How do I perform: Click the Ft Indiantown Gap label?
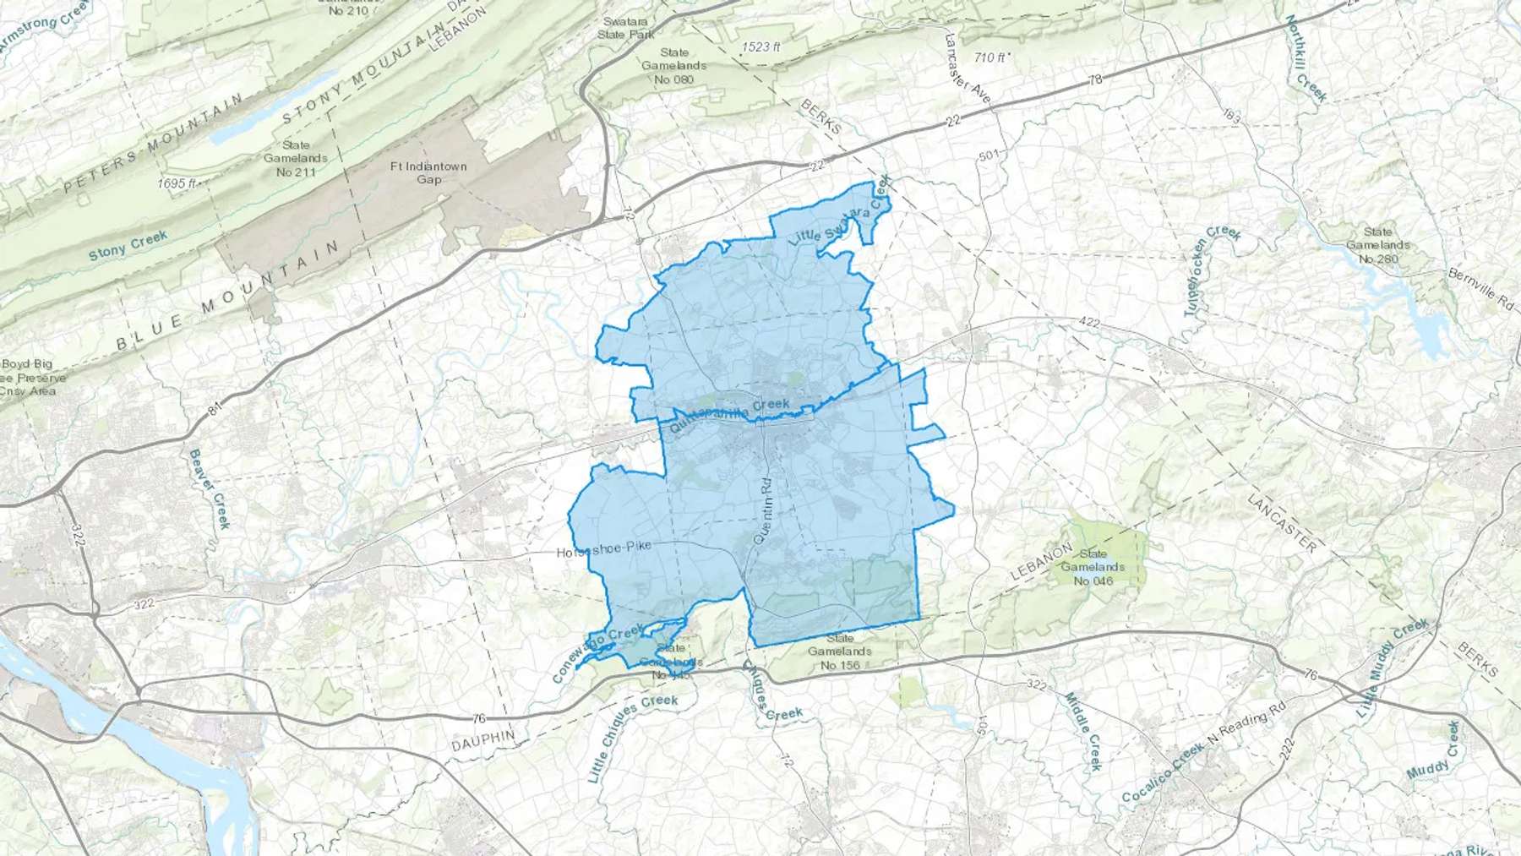pos(428,172)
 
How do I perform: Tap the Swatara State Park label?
pos(626,28)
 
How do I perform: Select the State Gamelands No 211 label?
pos(295,158)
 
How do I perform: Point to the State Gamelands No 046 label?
pos(1093,567)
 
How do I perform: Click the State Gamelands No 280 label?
pos(1377,245)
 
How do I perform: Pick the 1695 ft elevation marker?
pos(177,183)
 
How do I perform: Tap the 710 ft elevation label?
pos(989,57)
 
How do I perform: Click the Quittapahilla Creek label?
pos(729,416)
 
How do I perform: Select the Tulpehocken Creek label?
pos(1212,270)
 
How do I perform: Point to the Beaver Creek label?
pos(209,488)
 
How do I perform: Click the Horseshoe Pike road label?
pos(603,550)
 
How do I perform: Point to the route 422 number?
pos(1089,322)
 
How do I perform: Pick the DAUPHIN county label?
pos(482,741)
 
